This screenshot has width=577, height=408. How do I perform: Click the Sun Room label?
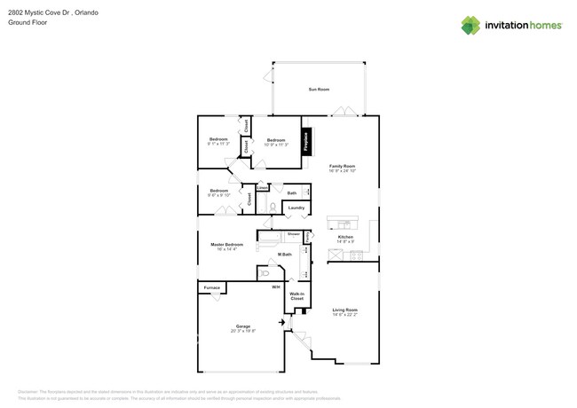click(318, 90)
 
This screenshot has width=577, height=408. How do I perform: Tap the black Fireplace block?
click(306, 143)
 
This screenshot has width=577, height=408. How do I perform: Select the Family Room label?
click(342, 166)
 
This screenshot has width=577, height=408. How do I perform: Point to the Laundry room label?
click(296, 208)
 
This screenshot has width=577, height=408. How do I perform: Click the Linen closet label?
click(262, 188)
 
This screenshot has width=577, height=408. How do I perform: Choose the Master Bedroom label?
click(226, 244)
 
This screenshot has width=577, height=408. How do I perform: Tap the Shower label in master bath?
click(293, 234)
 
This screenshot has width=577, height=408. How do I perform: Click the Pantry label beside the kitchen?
click(308, 237)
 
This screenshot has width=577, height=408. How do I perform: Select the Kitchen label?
click(346, 237)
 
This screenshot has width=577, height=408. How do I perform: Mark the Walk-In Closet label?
click(296, 296)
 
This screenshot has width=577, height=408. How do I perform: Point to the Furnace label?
click(211, 287)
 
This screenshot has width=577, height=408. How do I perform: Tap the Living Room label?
click(344, 310)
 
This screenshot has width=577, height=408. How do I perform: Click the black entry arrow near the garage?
click(283, 324)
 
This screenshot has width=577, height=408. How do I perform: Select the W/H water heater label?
click(275, 287)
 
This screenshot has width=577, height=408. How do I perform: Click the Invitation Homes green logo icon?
click(470, 25)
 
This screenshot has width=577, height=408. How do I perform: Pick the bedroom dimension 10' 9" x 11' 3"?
click(276, 145)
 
